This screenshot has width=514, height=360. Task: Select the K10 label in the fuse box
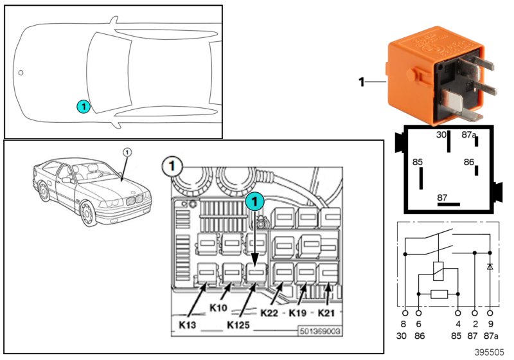(x=219, y=308)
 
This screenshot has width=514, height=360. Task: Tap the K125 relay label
(x=240, y=325)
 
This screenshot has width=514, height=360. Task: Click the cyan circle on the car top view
(x=82, y=105)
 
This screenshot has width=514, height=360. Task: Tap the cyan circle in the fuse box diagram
(x=255, y=202)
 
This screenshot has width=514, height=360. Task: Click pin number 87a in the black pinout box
(x=469, y=136)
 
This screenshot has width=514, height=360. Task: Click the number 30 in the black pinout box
(x=441, y=136)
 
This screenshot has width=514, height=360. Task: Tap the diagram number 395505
(x=490, y=353)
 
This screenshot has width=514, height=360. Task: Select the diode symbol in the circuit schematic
(x=490, y=265)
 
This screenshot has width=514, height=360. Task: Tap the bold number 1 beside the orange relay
(x=361, y=82)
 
